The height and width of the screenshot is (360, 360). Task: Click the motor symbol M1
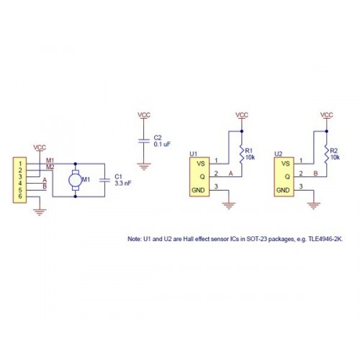[x=76, y=180]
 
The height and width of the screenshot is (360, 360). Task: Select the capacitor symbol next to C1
[x=104, y=180]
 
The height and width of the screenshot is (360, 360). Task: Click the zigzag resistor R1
[x=242, y=154]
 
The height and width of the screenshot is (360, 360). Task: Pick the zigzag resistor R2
[x=326, y=154]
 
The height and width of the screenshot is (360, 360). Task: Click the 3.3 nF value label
[x=123, y=184]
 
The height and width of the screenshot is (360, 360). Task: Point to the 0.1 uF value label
[x=162, y=144]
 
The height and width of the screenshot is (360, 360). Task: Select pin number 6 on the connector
[x=20, y=197]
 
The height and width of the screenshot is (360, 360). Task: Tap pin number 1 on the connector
[x=20, y=163]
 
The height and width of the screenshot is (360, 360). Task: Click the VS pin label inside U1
[x=201, y=163]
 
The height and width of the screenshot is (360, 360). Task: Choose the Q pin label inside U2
[x=287, y=177]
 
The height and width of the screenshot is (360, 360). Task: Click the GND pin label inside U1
[x=198, y=190]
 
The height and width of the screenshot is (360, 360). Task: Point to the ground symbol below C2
[x=144, y=166]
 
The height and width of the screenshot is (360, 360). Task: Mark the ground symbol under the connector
[x=40, y=212]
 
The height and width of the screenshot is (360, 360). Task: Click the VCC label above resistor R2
[x=327, y=115]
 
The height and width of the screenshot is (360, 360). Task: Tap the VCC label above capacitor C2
[x=144, y=115]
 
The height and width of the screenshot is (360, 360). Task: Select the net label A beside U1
[x=230, y=174]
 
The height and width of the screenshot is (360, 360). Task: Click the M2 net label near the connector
[x=50, y=167]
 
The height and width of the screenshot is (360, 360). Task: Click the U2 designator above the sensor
[x=278, y=154]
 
